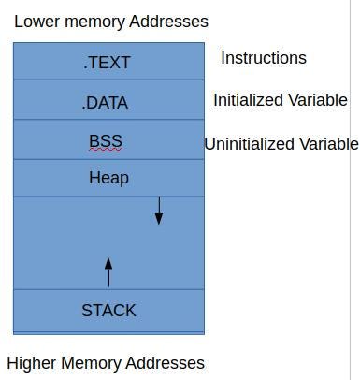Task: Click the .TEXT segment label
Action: click(108, 63)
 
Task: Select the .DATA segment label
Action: click(105, 103)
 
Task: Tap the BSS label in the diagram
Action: click(106, 141)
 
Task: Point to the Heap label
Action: click(108, 178)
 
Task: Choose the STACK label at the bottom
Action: click(108, 311)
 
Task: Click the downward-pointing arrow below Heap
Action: click(159, 211)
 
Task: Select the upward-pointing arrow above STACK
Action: click(108, 272)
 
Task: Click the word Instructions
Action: click(263, 58)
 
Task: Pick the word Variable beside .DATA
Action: click(318, 100)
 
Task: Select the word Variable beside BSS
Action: click(330, 144)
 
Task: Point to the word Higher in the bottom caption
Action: click(32, 363)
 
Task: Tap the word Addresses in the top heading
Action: click(169, 21)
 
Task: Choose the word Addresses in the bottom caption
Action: click(166, 363)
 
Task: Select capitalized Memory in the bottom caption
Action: click(92, 363)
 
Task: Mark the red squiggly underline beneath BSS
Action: click(106, 150)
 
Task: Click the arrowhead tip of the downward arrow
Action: click(159, 223)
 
